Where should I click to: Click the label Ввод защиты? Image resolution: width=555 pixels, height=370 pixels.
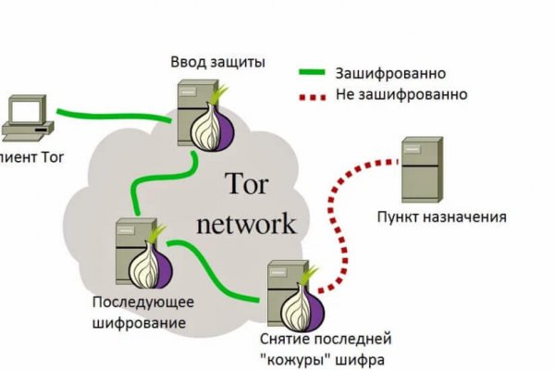coord(217,63)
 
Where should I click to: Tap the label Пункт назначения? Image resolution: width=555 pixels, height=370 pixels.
coord(441,217)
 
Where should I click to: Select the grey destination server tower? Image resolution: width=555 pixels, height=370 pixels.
coord(419,169)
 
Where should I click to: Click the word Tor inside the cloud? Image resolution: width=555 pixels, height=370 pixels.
coord(246,186)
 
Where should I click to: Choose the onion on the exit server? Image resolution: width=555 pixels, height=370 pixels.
coord(306,302)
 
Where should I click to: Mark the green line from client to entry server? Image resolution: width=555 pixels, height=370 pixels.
coord(111,117)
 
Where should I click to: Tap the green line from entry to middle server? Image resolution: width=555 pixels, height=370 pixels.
coord(157,178)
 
